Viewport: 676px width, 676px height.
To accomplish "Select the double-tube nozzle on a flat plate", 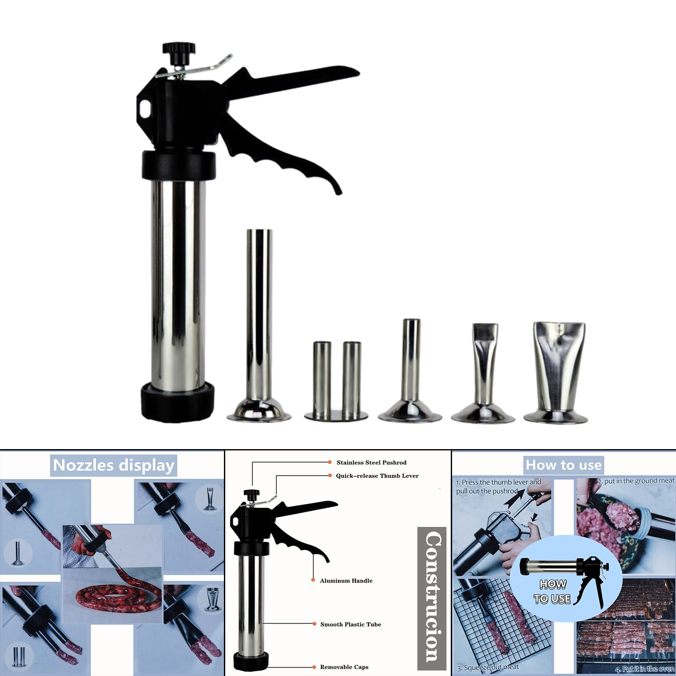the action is click(x=336, y=380).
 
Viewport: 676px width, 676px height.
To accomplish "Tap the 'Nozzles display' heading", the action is click(x=114, y=465).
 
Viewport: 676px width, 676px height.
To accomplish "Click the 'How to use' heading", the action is click(x=564, y=465).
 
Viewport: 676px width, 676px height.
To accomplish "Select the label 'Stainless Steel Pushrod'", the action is click(x=371, y=463).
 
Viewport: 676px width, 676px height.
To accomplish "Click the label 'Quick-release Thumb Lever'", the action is click(x=377, y=476).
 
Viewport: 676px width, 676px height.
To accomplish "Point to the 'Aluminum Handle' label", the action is click(x=346, y=581).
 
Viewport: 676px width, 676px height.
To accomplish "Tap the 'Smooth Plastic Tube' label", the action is click(x=351, y=624).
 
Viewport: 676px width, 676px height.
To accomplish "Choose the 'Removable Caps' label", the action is click(x=344, y=667).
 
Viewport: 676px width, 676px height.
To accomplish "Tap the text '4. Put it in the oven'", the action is click(x=644, y=669).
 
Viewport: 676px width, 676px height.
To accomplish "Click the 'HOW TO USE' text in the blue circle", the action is click(x=553, y=592).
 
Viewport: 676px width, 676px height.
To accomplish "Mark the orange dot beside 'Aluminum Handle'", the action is click(x=313, y=580).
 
